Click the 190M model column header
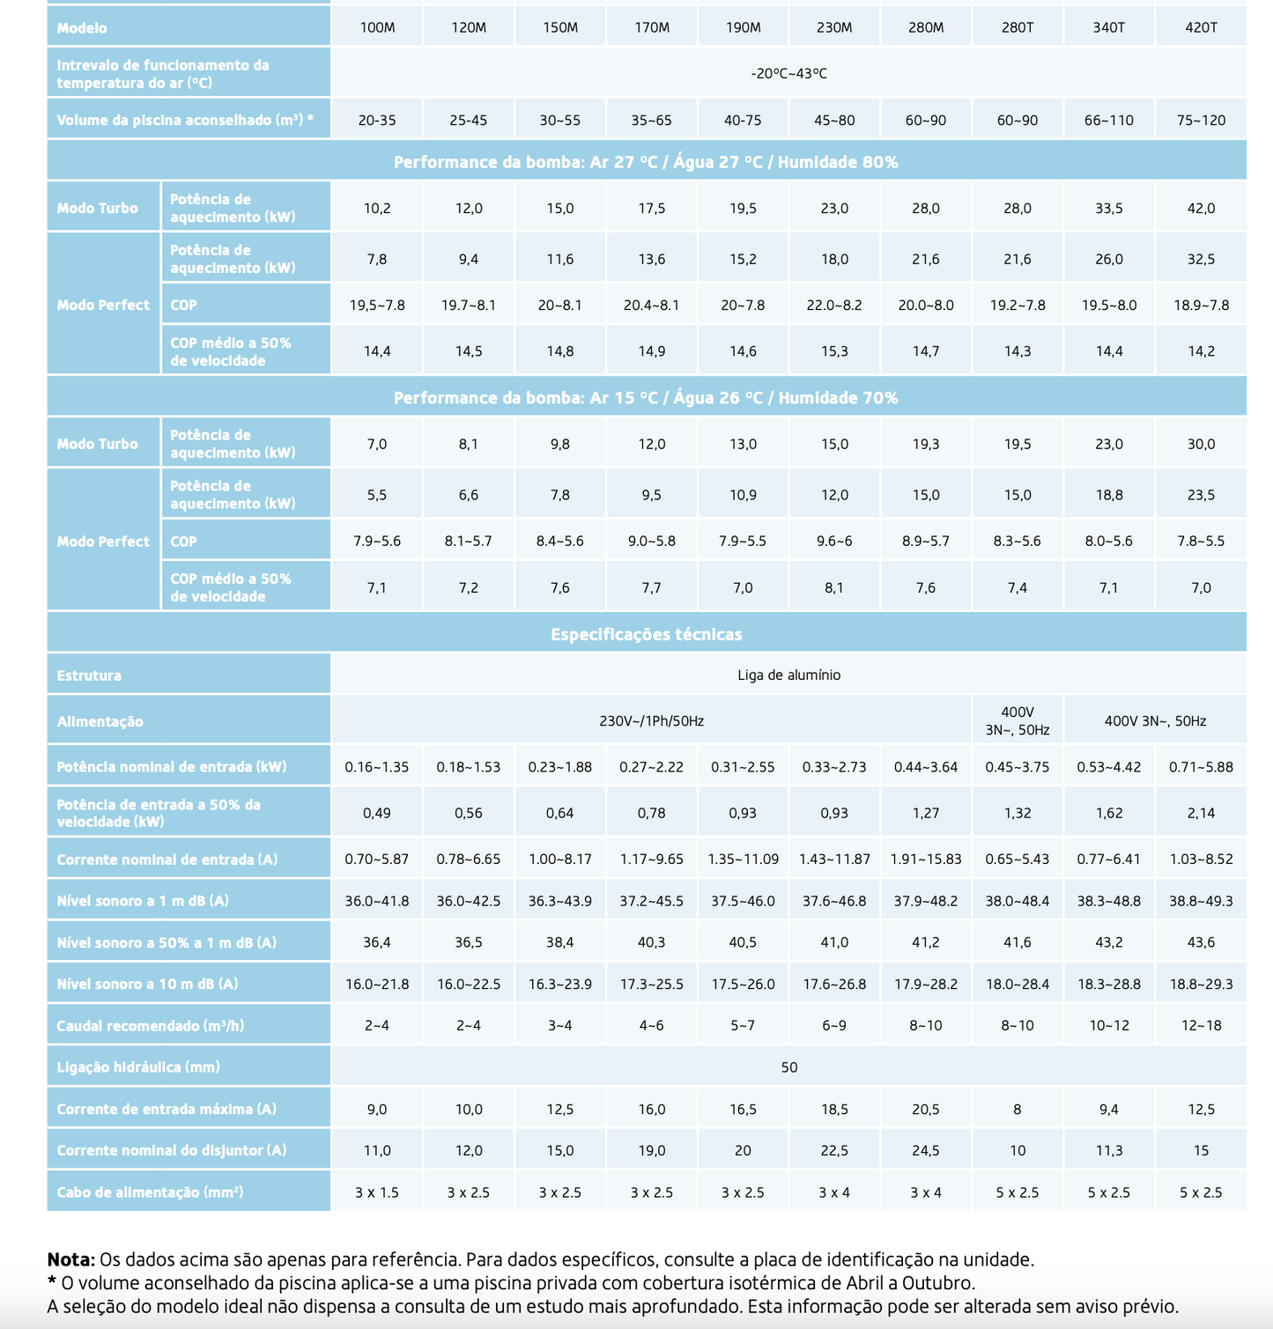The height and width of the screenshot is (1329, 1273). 743,27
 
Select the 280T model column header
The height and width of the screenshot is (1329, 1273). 1018,27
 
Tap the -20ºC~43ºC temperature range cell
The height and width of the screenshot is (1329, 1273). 788,73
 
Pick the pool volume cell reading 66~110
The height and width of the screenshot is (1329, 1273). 1108,120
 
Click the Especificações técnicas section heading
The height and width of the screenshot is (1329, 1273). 646,634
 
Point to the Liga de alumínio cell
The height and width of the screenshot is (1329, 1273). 788,676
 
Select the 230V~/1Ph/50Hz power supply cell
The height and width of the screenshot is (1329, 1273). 651,720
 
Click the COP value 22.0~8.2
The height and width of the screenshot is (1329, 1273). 834,305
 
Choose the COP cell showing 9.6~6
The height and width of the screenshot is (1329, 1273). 834,541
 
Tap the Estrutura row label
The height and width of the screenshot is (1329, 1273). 89,676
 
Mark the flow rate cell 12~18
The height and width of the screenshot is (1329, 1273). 1201,1025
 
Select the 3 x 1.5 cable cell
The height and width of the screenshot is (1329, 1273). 377,1192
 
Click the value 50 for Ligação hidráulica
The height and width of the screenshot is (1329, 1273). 788,1067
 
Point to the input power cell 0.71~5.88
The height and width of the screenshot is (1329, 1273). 1201,766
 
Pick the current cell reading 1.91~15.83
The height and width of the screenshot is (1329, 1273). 926,859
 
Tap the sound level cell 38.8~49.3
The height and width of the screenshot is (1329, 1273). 1201,901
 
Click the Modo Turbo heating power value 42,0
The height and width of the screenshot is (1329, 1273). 1201,208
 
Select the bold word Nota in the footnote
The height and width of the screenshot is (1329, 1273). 70,1259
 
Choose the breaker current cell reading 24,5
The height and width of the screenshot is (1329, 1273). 926,1150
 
